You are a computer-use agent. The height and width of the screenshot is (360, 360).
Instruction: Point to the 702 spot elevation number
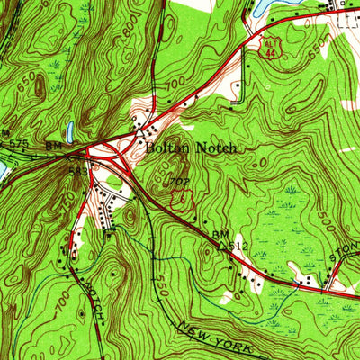click(181, 183)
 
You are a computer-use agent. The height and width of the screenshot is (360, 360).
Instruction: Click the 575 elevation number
click(19, 144)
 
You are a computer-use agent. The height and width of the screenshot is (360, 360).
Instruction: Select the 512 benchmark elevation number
click(238, 245)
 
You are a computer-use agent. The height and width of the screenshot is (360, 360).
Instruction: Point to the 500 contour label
click(325, 220)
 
